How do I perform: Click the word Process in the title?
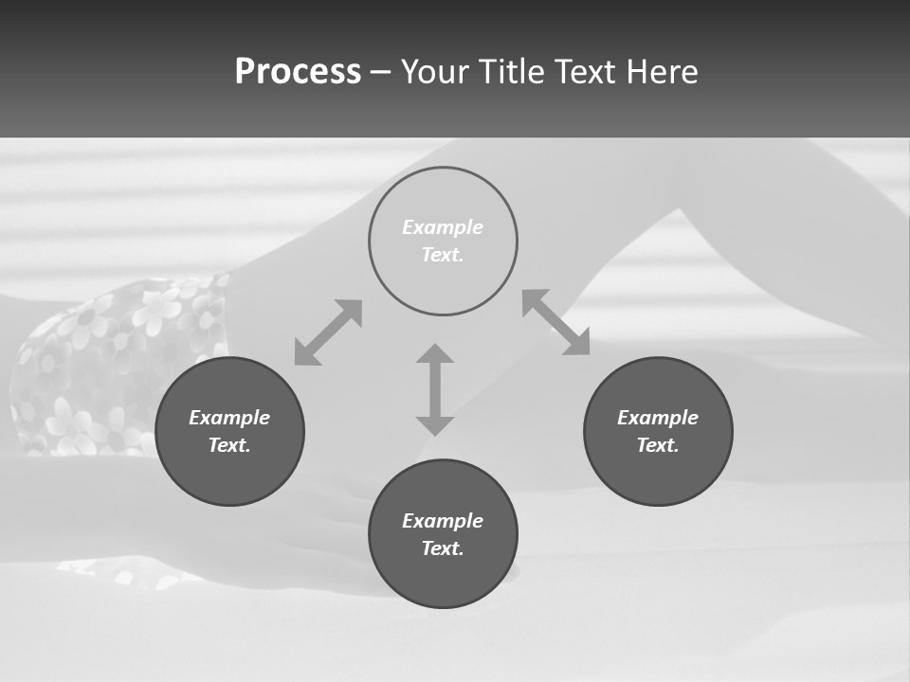(x=298, y=71)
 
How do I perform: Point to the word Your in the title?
(x=437, y=72)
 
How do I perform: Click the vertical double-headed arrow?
(x=435, y=389)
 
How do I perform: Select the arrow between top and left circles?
(x=328, y=332)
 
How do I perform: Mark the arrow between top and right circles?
(x=556, y=322)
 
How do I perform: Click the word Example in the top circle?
(x=443, y=227)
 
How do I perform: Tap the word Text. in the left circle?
(x=229, y=445)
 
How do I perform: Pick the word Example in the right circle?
(x=658, y=418)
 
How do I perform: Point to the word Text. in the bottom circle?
(x=443, y=548)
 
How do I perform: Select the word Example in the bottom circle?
(x=443, y=521)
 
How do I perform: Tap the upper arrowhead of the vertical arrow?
(x=435, y=354)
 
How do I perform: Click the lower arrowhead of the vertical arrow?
(x=435, y=425)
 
